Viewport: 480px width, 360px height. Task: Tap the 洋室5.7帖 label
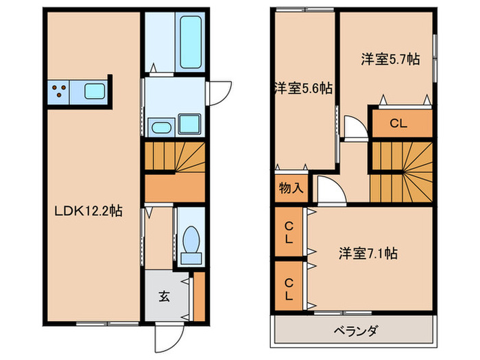[391, 60]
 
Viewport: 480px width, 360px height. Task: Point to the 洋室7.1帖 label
[367, 253]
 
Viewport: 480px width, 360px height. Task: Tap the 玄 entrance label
[165, 297]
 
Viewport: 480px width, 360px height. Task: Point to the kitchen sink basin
[93, 91]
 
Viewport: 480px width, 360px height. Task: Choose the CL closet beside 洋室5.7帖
[402, 124]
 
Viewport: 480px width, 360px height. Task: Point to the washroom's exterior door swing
[219, 92]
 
